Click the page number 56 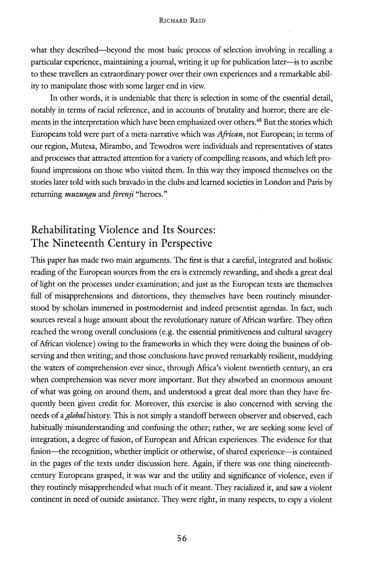(x=181, y=538)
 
